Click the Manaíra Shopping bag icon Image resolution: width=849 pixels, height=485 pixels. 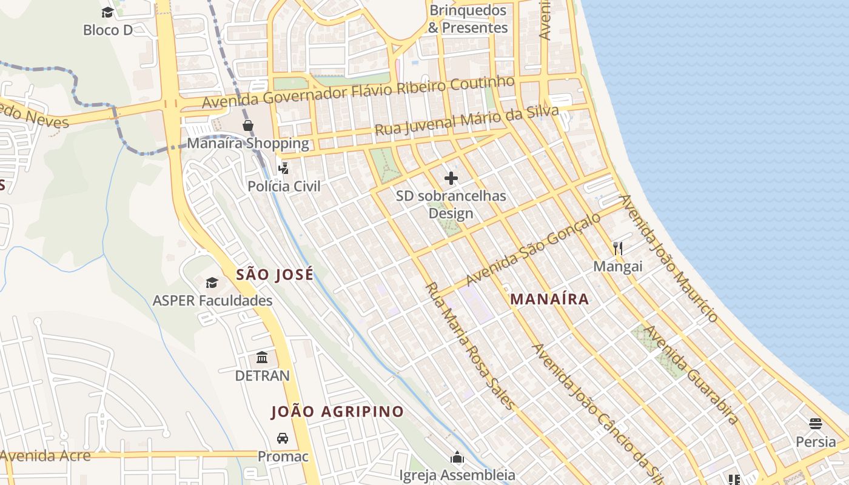pyautogui.click(x=248, y=125)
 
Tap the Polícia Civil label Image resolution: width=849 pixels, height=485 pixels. pyautogui.click(x=284, y=186)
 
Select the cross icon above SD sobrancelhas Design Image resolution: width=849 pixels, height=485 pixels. pyautogui.click(x=451, y=178)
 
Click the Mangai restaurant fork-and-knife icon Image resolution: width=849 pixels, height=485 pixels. pyautogui.click(x=617, y=248)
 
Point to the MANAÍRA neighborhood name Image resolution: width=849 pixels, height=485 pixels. pyautogui.click(x=549, y=299)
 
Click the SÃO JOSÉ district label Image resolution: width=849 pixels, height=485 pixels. pyautogui.click(x=275, y=275)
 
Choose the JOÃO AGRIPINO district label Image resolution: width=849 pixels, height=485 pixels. pyautogui.click(x=337, y=412)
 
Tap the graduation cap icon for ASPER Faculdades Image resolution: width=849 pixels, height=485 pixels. pyautogui.click(x=212, y=283)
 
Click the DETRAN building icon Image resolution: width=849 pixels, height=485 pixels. pyautogui.click(x=262, y=357)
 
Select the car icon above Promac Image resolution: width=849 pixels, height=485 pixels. pyautogui.click(x=283, y=438)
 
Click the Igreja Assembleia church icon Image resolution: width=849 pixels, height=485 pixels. pyautogui.click(x=457, y=457)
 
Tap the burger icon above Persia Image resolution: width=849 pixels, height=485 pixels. pyautogui.click(x=816, y=423)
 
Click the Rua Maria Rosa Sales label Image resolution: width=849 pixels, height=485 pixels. pyautogui.click(x=470, y=346)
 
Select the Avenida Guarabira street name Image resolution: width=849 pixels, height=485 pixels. pyautogui.click(x=691, y=375)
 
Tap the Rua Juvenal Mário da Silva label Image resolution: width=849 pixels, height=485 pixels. pyautogui.click(x=466, y=121)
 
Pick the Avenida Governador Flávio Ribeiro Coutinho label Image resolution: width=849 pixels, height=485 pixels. pyautogui.click(x=358, y=92)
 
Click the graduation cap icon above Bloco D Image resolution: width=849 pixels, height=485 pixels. pyautogui.click(x=107, y=12)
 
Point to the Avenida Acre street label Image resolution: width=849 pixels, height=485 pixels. pyautogui.click(x=46, y=456)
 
